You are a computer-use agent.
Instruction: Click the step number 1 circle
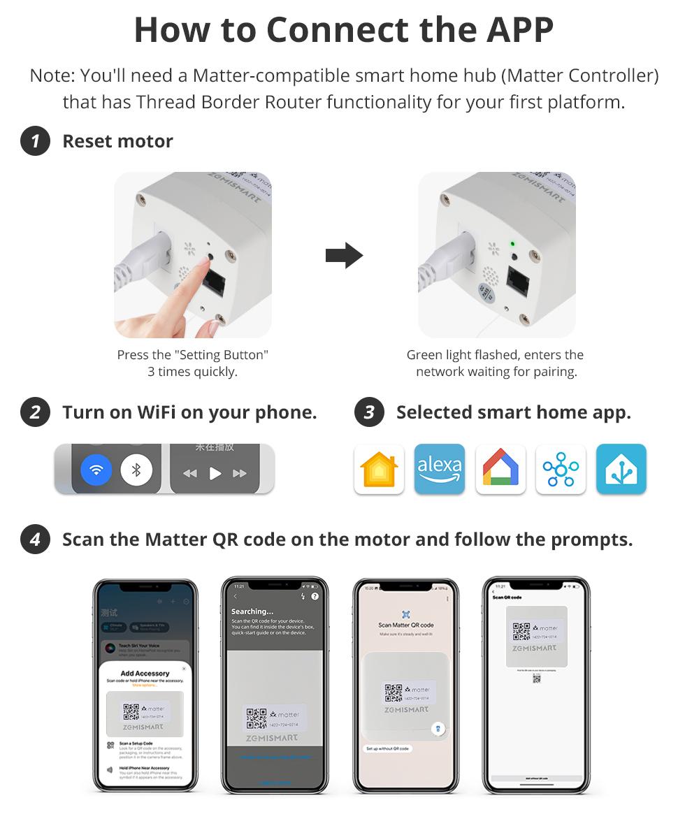click(35, 141)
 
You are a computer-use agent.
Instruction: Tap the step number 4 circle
click(35, 540)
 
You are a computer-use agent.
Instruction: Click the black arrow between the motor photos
click(344, 256)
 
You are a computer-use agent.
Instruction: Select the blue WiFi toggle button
click(96, 470)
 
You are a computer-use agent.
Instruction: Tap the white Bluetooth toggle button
click(136, 470)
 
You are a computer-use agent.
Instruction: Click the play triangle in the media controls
click(215, 473)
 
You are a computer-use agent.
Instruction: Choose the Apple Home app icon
click(379, 469)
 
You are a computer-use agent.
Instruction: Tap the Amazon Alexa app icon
click(439, 469)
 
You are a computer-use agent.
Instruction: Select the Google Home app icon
click(500, 469)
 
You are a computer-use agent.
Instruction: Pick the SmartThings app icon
click(561, 469)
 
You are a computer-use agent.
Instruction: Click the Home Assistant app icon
click(621, 469)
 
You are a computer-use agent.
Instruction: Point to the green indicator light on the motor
click(512, 244)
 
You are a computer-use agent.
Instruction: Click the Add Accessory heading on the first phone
click(145, 673)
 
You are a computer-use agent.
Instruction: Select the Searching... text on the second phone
click(252, 611)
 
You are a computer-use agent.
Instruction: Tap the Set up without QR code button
click(387, 748)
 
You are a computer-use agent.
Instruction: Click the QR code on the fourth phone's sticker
click(521, 631)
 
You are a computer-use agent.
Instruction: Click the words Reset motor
click(117, 141)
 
